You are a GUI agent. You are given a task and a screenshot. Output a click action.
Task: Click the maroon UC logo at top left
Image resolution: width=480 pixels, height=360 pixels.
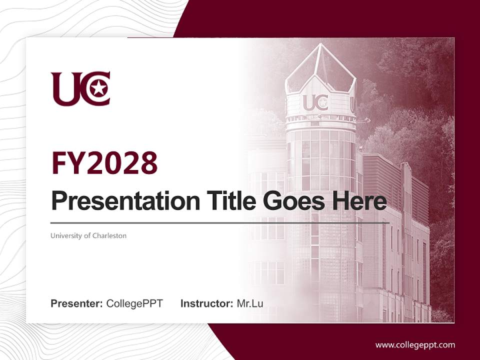tap(80, 88)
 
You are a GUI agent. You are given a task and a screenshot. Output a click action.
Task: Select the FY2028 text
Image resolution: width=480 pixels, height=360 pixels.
tap(104, 163)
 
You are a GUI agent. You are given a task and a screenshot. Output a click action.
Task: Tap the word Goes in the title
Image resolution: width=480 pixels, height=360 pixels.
tap(290, 201)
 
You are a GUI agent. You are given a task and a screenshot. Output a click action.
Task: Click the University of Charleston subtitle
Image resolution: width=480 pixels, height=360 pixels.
tap(88, 235)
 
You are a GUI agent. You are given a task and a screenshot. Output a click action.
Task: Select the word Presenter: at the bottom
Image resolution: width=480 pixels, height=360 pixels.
tap(77, 303)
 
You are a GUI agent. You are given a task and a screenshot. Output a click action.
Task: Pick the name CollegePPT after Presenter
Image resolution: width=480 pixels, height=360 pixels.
tap(134, 303)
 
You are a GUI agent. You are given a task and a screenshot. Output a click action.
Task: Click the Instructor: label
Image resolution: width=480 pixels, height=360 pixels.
tap(207, 303)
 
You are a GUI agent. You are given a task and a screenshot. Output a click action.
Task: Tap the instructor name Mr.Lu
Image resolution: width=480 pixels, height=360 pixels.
tap(250, 303)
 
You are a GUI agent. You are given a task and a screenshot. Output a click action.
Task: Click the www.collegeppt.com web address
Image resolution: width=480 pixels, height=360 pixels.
tap(415, 345)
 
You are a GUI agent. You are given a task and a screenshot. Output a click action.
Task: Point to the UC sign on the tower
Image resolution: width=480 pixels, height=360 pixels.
tap(315, 102)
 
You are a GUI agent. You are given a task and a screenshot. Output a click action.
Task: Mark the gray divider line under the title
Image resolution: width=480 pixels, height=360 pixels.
tap(220, 223)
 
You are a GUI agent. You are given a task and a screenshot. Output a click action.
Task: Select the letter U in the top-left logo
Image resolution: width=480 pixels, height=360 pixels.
tap(63, 89)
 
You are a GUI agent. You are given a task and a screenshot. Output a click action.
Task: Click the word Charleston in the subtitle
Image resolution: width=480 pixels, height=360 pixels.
tap(109, 235)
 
